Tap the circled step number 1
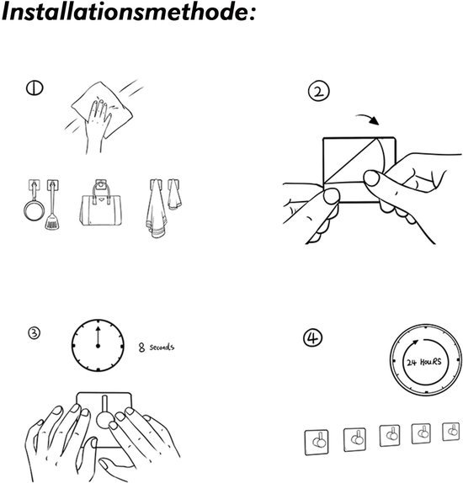pos(35,88)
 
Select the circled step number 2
pos(319,92)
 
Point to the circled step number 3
pos(34,332)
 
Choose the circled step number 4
pos(312,337)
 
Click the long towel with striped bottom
pos(157,210)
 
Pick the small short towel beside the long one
pos(174,194)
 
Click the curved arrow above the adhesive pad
pos(367,119)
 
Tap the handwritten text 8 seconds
pos(157,348)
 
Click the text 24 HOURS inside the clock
pos(423,362)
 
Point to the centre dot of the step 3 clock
pos(98,346)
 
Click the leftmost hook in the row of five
pos(317,442)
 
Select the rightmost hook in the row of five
pos(450,432)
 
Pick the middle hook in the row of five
pos(390,436)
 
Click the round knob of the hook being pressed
pos(105,420)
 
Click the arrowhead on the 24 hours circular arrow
pos(416,342)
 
